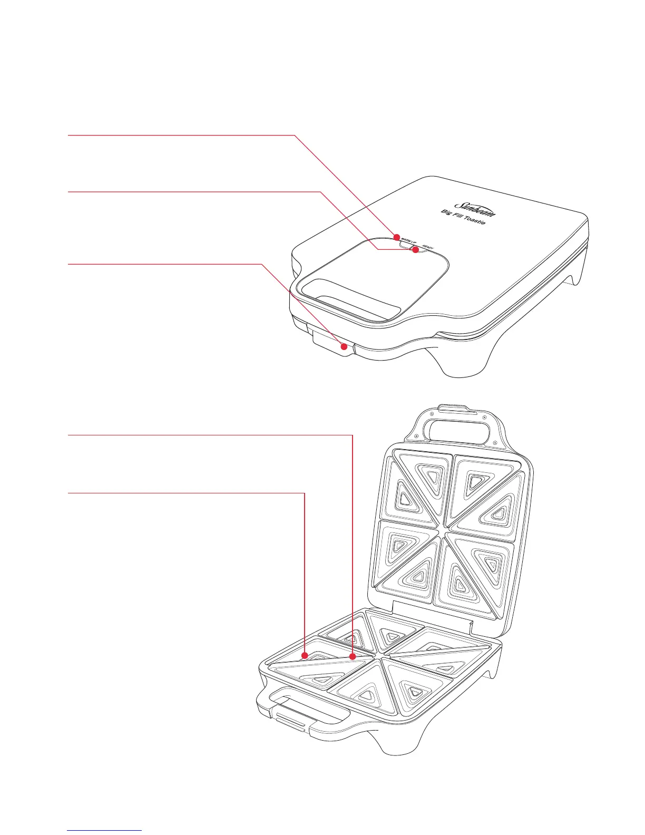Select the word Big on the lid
(x=447, y=213)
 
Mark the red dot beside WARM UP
(x=397, y=237)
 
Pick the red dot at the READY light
(x=415, y=250)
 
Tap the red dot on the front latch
(x=344, y=347)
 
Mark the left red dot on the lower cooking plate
(x=305, y=655)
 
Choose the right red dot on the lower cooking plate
(x=353, y=656)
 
